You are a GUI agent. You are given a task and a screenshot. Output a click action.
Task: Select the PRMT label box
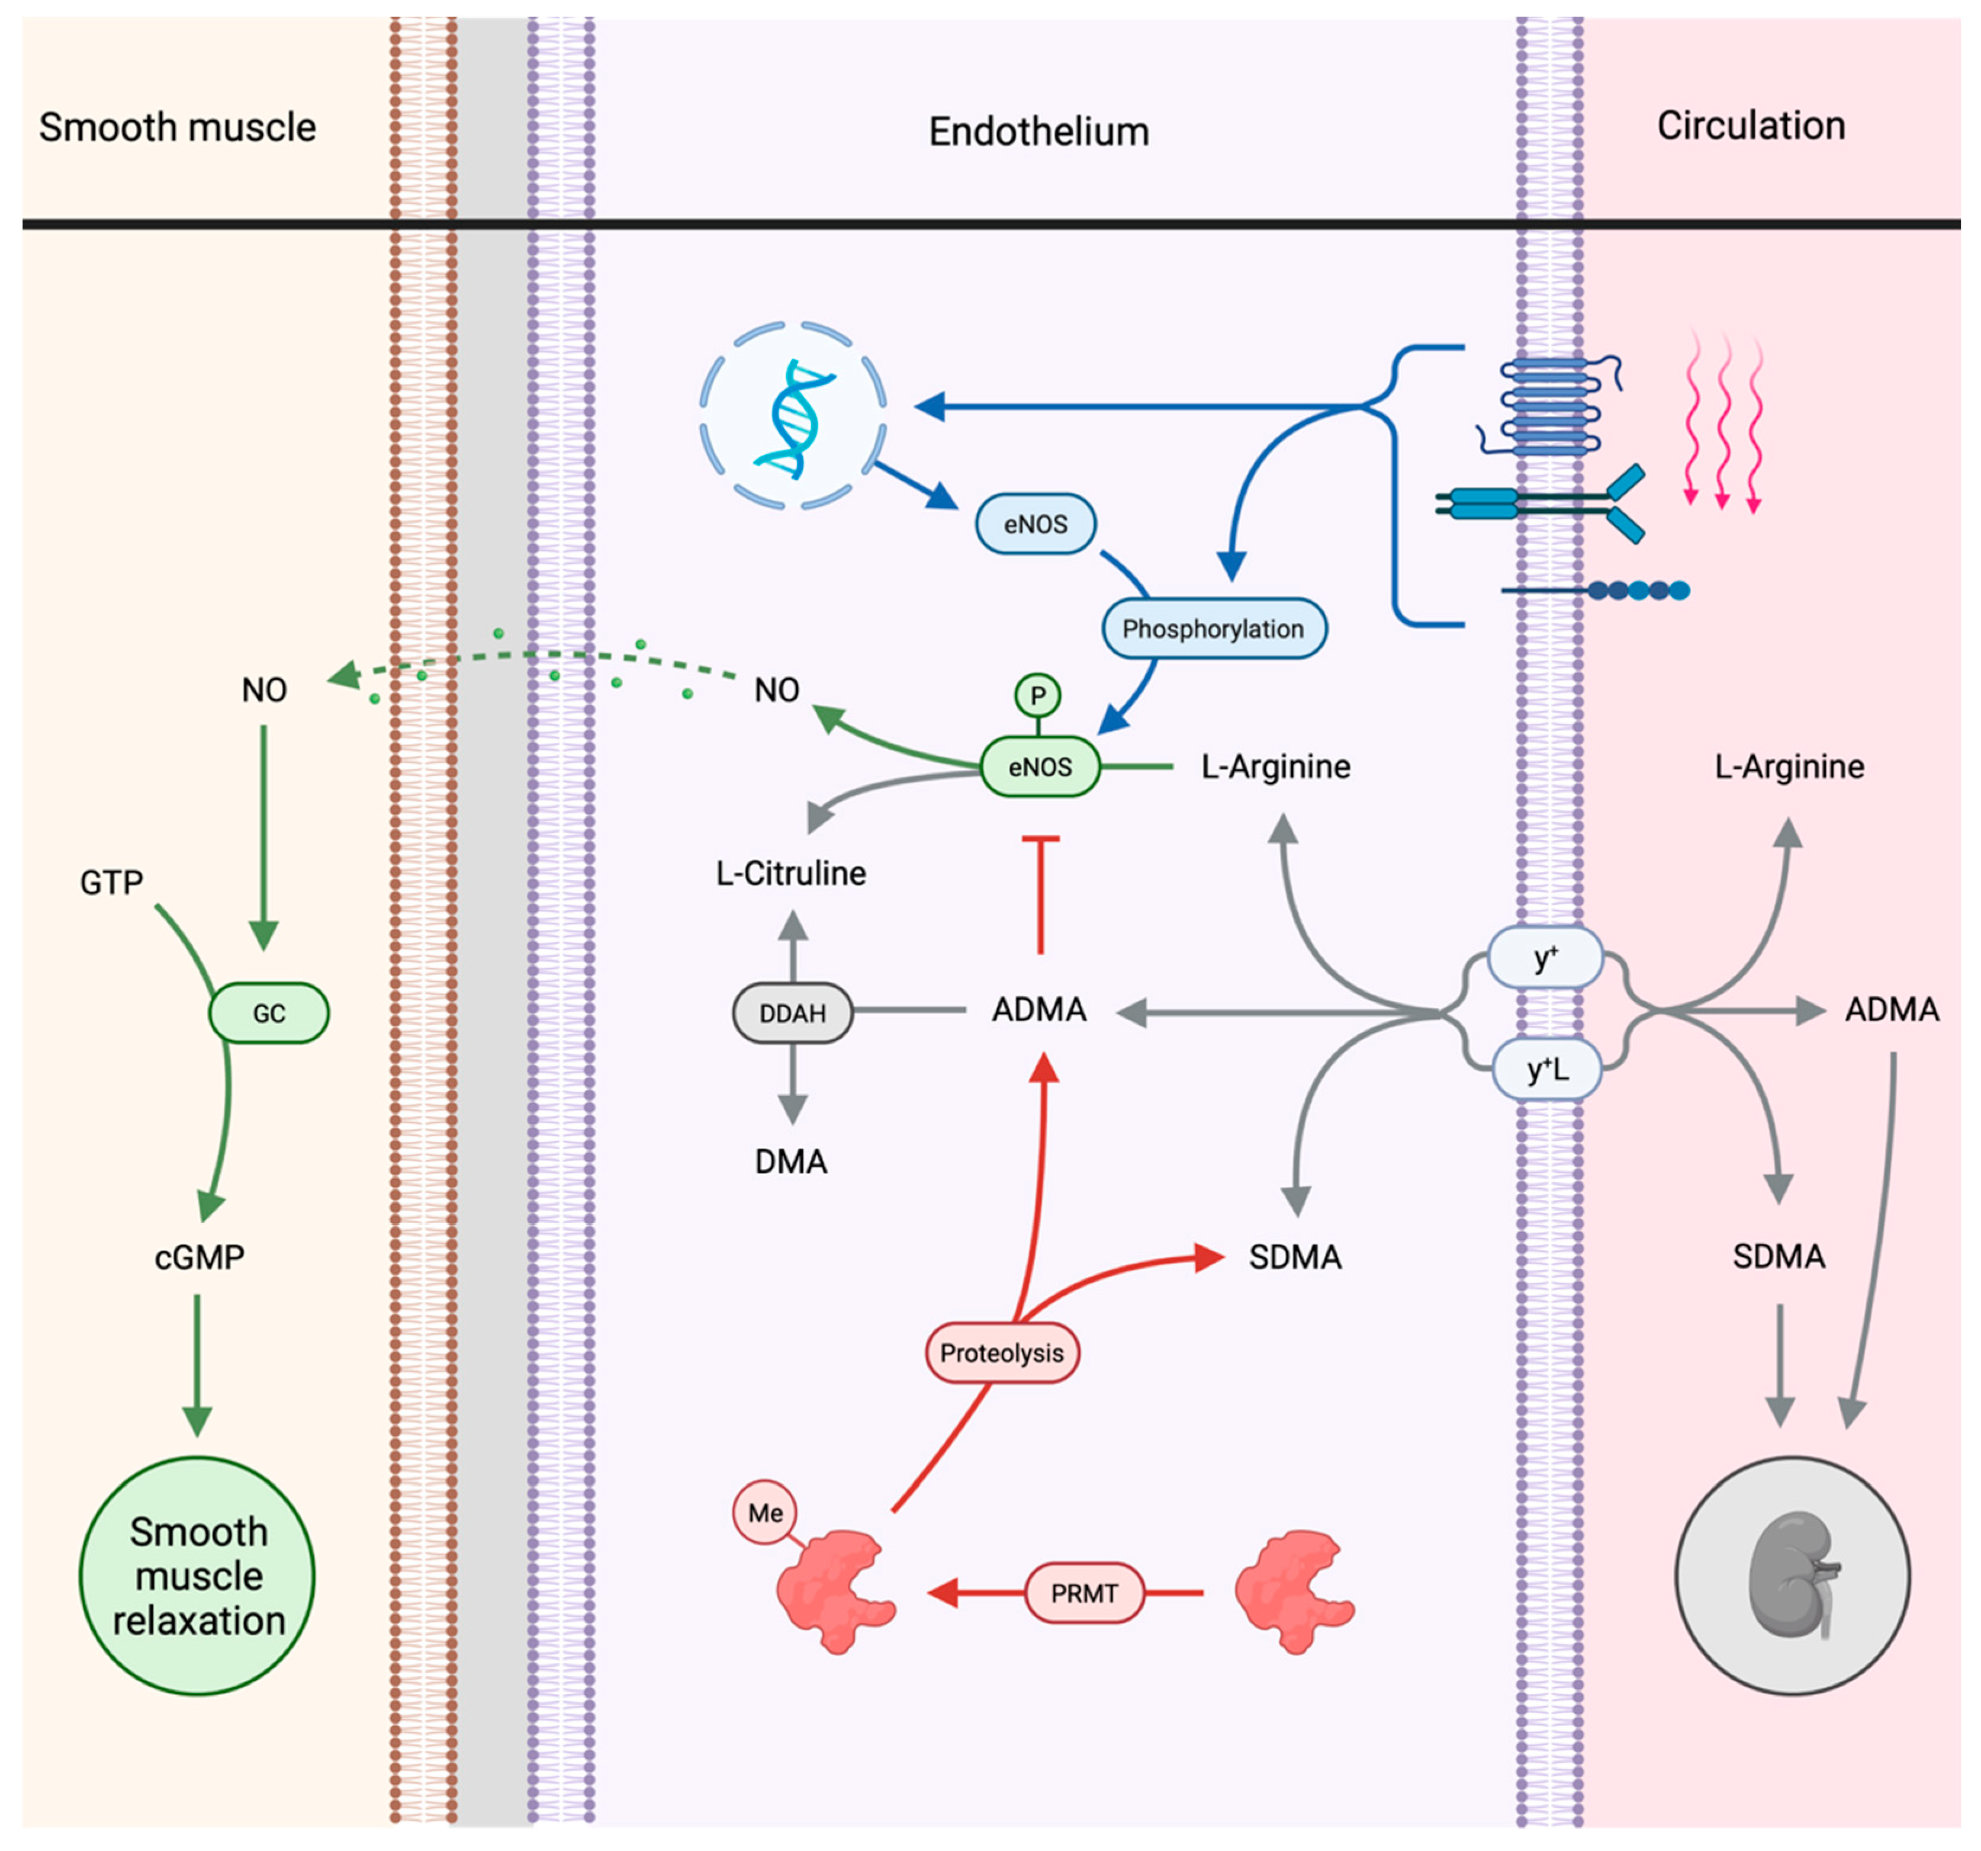[x=1084, y=1593]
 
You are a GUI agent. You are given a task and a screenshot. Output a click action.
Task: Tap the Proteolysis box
[x=1002, y=1353]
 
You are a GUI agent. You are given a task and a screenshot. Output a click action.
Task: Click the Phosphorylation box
[x=1214, y=628]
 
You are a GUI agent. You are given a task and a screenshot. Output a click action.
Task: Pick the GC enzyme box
[x=269, y=1013]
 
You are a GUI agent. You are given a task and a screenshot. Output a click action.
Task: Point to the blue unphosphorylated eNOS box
[x=1035, y=523]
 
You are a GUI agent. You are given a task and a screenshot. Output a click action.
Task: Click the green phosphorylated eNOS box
[x=1040, y=766]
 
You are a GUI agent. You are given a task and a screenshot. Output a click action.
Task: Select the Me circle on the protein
[x=766, y=1512]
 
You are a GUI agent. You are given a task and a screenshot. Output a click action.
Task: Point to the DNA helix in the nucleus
[x=794, y=419]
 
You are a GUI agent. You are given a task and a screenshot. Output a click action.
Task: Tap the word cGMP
[x=200, y=1257]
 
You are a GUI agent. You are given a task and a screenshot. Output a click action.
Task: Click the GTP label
[x=112, y=882]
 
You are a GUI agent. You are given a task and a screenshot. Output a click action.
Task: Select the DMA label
[x=791, y=1161]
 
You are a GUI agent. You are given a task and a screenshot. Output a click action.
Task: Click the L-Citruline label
[x=791, y=873]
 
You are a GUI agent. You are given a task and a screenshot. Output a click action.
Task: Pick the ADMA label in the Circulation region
[x=1892, y=1010]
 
